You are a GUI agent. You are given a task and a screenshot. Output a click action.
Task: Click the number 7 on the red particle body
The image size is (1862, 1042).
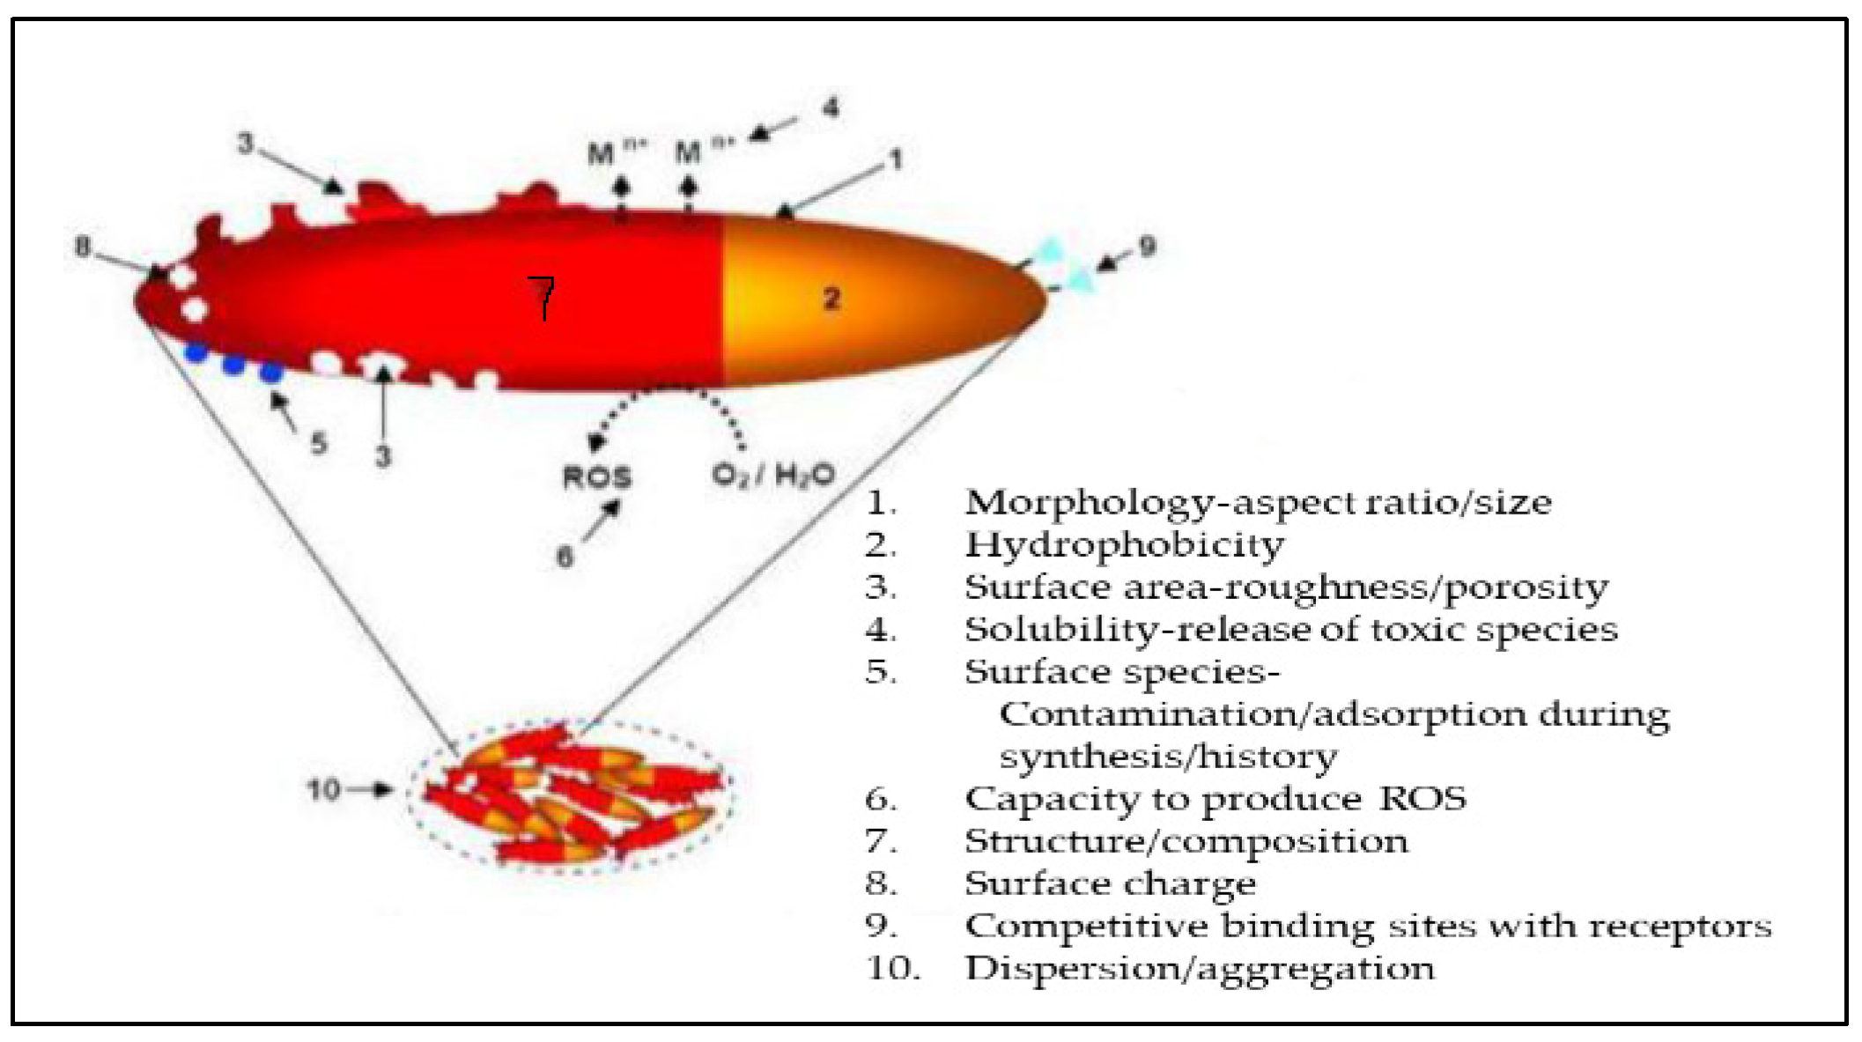[543, 297]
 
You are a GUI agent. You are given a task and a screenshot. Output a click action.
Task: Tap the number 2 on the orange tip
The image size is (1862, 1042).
[831, 299]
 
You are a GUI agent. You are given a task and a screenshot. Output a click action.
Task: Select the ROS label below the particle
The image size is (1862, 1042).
[597, 477]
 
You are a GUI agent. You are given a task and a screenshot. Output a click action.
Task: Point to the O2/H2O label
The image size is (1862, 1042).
[772, 476]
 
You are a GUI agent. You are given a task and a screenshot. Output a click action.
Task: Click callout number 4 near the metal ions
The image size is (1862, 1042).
[830, 108]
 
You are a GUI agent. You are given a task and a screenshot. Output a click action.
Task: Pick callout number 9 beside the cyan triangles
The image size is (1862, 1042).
[1146, 247]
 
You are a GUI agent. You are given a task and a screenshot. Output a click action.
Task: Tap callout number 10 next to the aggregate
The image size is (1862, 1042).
[323, 789]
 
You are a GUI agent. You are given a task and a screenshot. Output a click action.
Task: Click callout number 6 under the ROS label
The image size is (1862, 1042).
[565, 556]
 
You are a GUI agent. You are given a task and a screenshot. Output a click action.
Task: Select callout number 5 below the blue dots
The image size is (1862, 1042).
[318, 442]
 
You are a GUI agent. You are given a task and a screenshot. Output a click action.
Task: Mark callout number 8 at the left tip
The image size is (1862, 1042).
[82, 247]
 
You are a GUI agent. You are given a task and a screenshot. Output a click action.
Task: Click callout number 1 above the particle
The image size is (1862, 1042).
[896, 159]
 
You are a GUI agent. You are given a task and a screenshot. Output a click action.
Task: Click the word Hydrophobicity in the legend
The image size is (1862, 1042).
[1124, 544]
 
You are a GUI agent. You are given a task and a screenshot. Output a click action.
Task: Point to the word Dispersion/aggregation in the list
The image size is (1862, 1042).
[1200, 968]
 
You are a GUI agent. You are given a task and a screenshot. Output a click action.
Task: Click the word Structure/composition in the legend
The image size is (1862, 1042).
[1186, 841]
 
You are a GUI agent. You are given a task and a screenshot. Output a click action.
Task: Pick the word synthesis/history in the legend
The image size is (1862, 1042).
[1168, 757]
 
